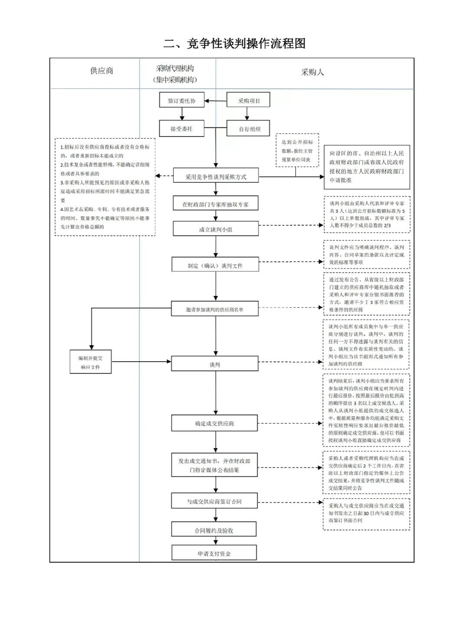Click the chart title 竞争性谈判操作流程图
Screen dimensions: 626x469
(x=234, y=43)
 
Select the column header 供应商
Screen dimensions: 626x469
(x=102, y=71)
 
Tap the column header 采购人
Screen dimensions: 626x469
(x=313, y=72)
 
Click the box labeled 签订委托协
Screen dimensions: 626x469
(x=182, y=100)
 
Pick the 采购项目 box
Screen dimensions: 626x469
(x=248, y=100)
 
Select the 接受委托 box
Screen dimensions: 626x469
(x=182, y=129)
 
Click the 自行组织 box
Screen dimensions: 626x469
(x=249, y=129)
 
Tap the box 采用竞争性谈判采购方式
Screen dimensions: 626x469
(x=216, y=176)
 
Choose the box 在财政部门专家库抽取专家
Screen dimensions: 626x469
(x=216, y=204)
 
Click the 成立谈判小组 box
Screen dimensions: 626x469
(x=216, y=229)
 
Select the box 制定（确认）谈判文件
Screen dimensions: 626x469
(x=215, y=265)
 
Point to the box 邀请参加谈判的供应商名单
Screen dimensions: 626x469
(x=215, y=309)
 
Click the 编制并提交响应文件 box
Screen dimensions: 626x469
(x=90, y=362)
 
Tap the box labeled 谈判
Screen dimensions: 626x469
(x=215, y=364)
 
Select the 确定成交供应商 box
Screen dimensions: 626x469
(x=215, y=423)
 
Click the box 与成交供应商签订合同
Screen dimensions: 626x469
(x=215, y=501)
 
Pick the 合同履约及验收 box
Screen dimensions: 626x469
(x=214, y=530)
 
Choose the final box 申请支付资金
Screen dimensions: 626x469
(x=214, y=553)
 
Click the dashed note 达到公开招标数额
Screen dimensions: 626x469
(x=297, y=150)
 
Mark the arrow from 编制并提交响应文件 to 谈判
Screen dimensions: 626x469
(x=141, y=361)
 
